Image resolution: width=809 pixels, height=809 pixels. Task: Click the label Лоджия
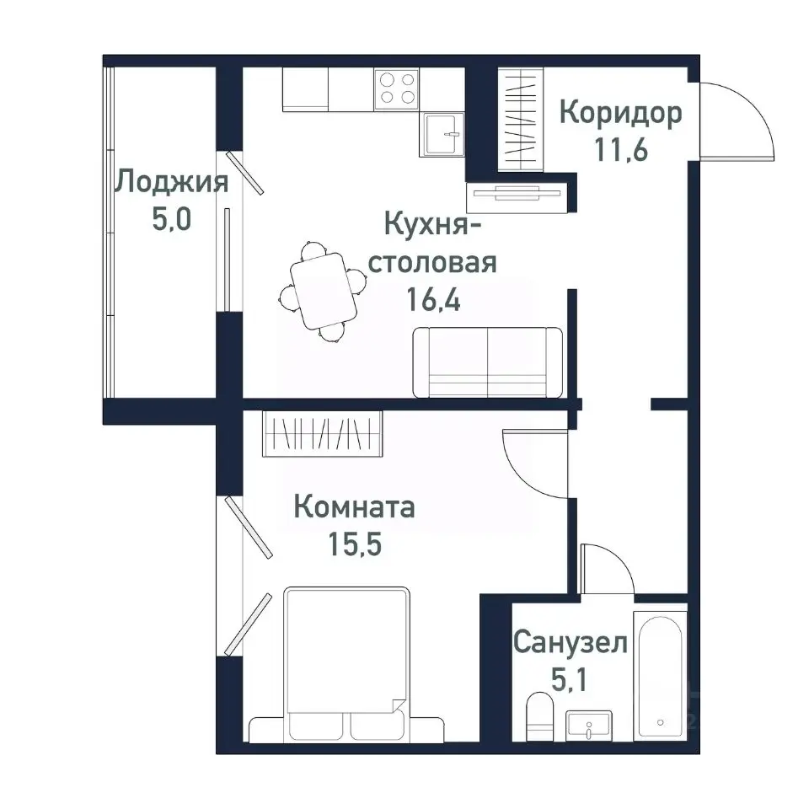click(x=172, y=183)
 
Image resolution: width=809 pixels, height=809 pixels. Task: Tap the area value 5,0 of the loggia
click(x=172, y=221)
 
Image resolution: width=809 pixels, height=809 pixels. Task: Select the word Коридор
click(x=620, y=114)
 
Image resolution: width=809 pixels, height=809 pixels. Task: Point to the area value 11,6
click(x=620, y=152)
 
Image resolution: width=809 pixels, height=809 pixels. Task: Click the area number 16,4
click(x=433, y=300)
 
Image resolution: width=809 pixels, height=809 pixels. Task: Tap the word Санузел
click(x=571, y=644)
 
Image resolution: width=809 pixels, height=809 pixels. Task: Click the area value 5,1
click(x=571, y=681)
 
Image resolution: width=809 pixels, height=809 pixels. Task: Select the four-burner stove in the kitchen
click(x=398, y=88)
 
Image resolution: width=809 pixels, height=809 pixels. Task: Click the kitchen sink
click(x=442, y=134)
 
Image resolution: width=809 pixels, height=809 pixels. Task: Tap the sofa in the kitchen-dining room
click(x=487, y=362)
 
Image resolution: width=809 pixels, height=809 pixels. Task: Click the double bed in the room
click(x=347, y=662)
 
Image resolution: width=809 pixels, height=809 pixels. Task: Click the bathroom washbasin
click(x=589, y=725)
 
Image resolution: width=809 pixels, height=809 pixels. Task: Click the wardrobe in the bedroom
click(x=322, y=434)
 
